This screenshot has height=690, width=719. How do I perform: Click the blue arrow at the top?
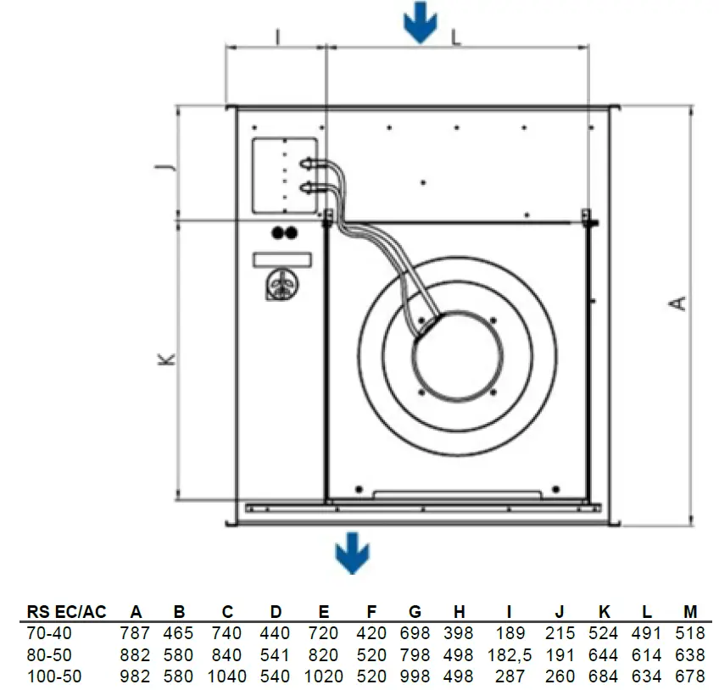pyautogui.click(x=420, y=24)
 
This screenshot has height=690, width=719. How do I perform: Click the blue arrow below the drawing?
pyautogui.click(x=352, y=555)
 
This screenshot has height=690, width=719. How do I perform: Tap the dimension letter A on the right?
pyautogui.click(x=678, y=303)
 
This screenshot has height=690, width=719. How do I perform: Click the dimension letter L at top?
pyautogui.click(x=456, y=36)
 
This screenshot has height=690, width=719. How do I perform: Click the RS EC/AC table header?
pyautogui.click(x=67, y=612)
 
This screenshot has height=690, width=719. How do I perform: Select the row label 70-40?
pyautogui.click(x=50, y=633)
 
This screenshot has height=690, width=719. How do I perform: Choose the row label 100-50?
pyautogui.click(x=53, y=676)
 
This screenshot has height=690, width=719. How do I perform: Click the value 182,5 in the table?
pyautogui.click(x=509, y=655)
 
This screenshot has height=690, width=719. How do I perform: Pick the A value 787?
pyautogui.click(x=136, y=633)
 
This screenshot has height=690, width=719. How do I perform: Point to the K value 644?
pyautogui.click(x=604, y=655)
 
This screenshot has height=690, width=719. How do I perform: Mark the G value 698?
pyautogui.click(x=415, y=633)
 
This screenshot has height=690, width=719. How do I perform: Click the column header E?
pyautogui.click(x=324, y=612)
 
